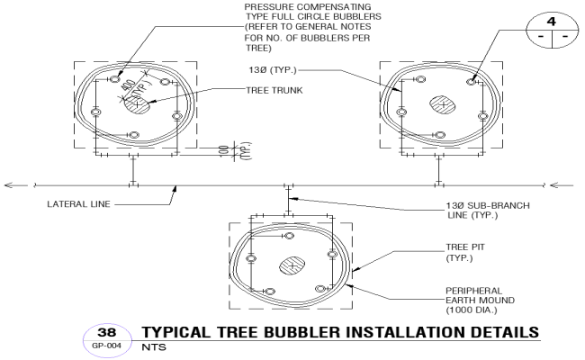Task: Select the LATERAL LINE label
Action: click(x=79, y=204)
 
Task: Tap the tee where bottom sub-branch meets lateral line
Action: click(x=288, y=186)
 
